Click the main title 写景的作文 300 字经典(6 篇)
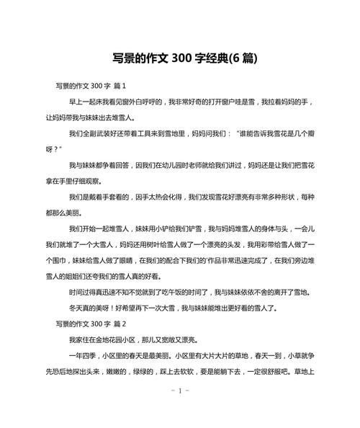180,57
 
